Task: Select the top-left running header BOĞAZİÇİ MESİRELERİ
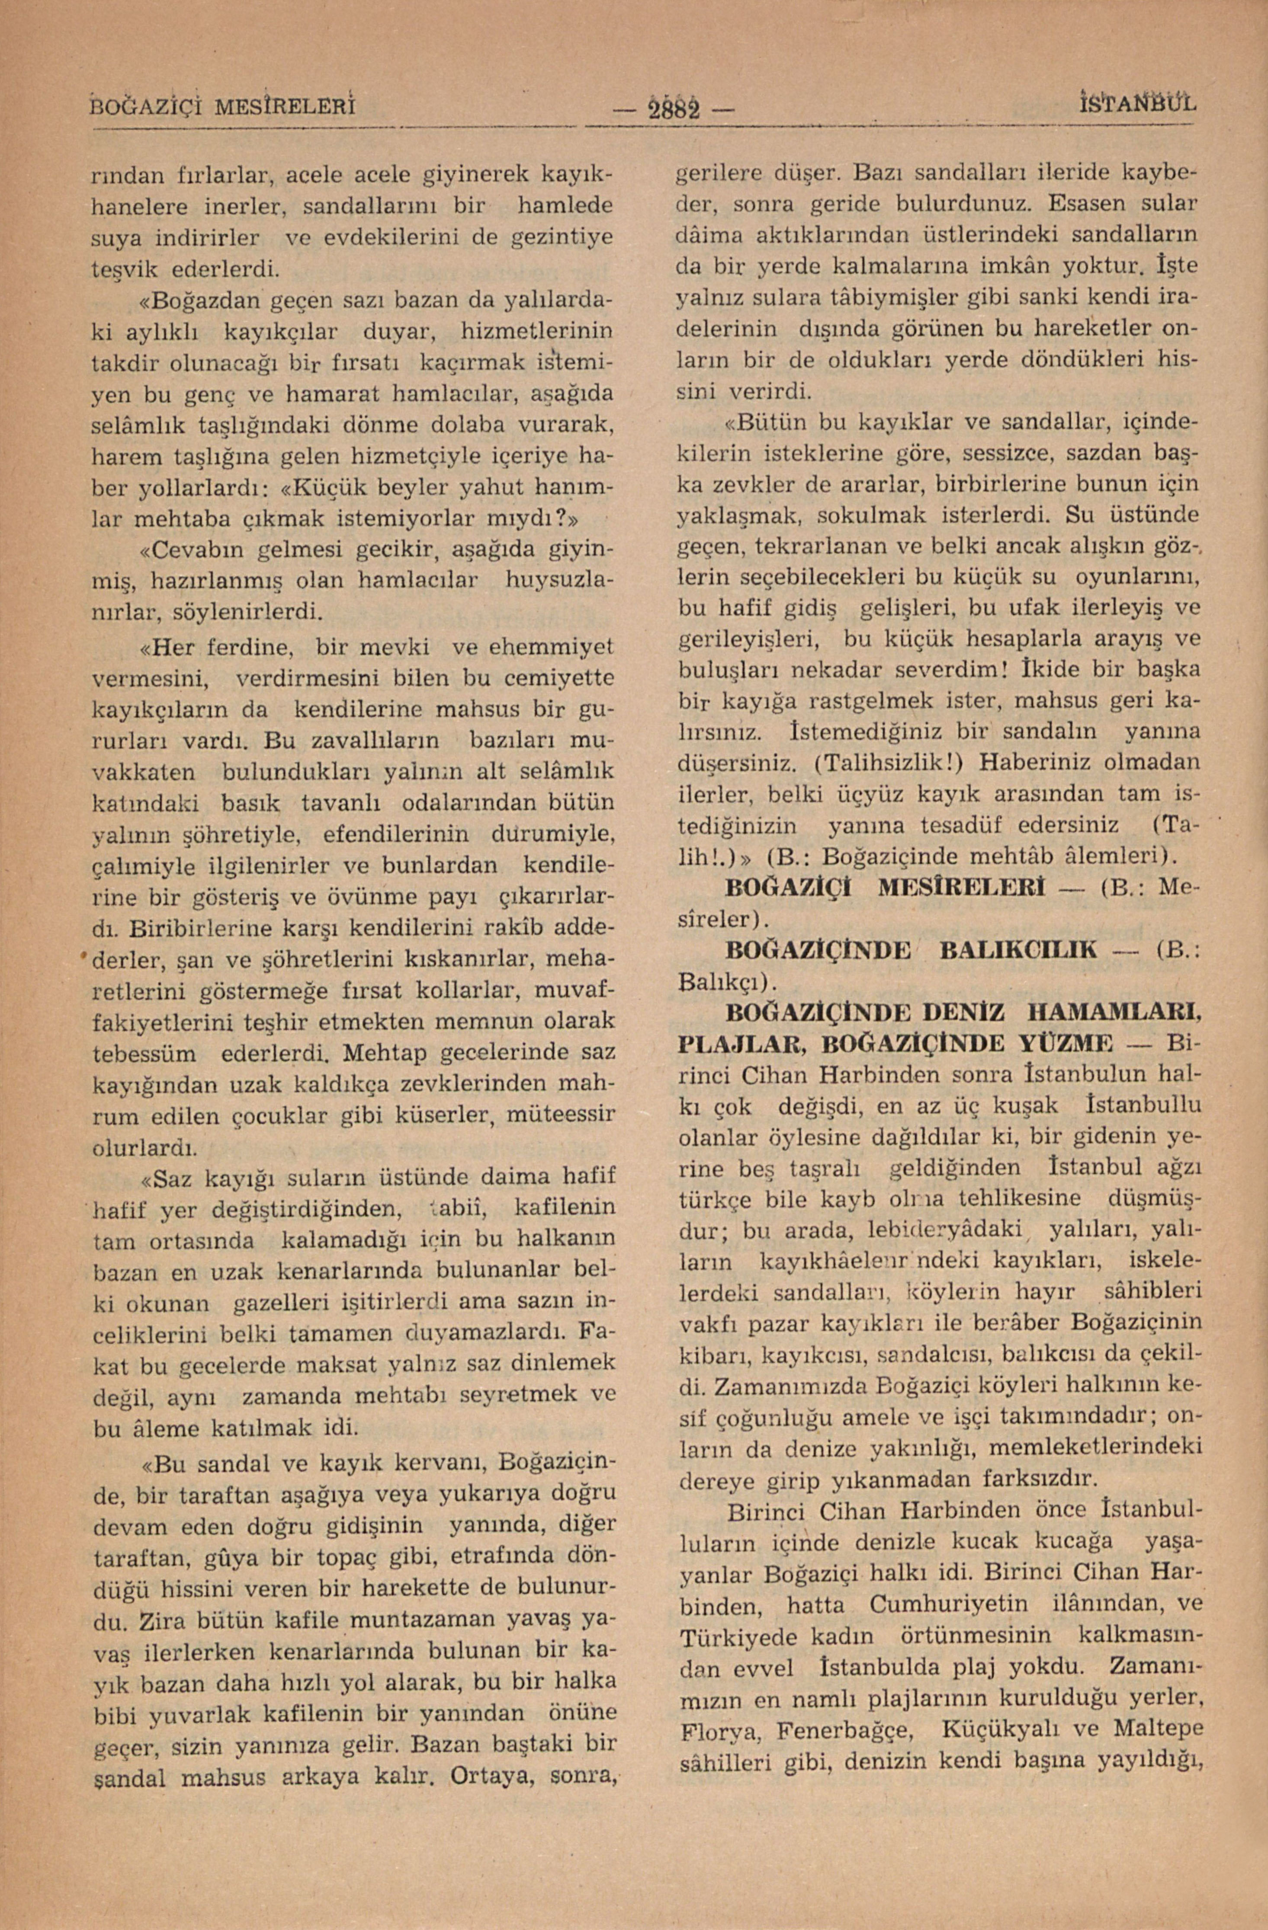pos(223,106)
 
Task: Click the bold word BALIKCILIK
pos(1018,949)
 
